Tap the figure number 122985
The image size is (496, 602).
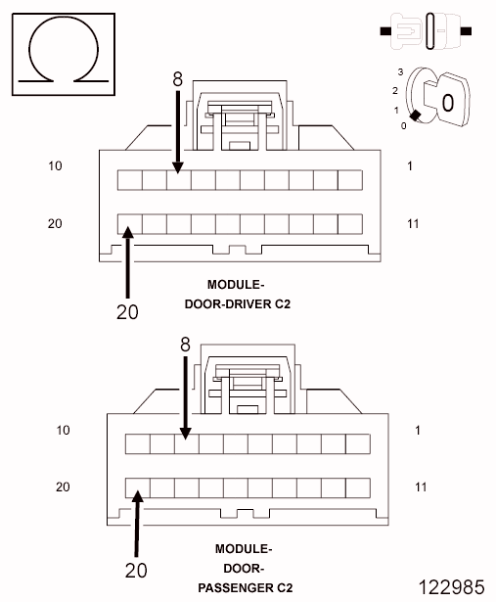[x=452, y=587]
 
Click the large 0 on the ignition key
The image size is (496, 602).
[x=448, y=103]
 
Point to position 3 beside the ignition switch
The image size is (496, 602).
[x=400, y=71]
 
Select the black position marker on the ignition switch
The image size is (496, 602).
[x=415, y=115]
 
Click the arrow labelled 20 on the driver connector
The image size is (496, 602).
[x=128, y=262]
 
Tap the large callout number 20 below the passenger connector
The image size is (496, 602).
[x=136, y=571]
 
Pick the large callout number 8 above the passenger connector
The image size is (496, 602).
[x=185, y=345]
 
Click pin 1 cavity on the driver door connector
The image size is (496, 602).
[x=350, y=180]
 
